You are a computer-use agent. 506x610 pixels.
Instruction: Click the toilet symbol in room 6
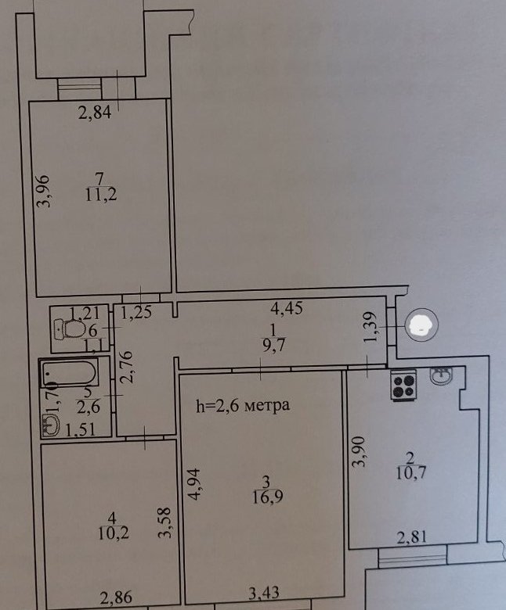coord(70,329)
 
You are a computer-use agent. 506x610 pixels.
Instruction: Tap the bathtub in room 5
coord(69,374)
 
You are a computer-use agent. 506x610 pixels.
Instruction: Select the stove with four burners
coord(403,385)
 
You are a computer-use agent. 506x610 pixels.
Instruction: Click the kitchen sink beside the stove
coord(442,375)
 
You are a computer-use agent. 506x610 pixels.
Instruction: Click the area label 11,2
coord(101,194)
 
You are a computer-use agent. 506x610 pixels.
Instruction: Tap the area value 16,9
coord(268,497)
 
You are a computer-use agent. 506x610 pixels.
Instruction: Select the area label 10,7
coord(411,472)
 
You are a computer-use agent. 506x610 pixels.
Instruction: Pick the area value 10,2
coord(114,533)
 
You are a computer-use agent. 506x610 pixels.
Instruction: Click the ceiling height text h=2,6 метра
coord(243,405)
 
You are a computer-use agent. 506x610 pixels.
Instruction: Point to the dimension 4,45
coord(287,308)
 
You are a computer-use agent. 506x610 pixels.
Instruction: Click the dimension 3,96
coord(43,191)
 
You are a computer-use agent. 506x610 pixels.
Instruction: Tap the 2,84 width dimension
coord(95,113)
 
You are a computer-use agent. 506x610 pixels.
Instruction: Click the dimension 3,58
coord(164,522)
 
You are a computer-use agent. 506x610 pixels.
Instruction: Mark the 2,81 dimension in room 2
coord(412,537)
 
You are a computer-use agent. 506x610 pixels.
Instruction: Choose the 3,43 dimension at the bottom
coord(264,593)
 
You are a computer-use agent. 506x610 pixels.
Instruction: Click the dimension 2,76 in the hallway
coord(127,368)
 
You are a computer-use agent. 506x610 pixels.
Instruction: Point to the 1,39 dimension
coord(370,327)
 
